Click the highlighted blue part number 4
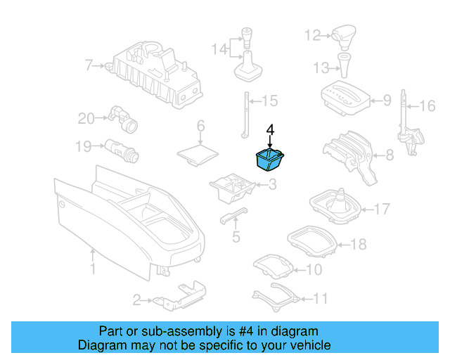(x=269, y=160)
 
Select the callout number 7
(x=89, y=66)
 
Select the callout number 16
(x=427, y=107)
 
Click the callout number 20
(x=85, y=119)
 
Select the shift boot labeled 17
(x=336, y=205)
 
